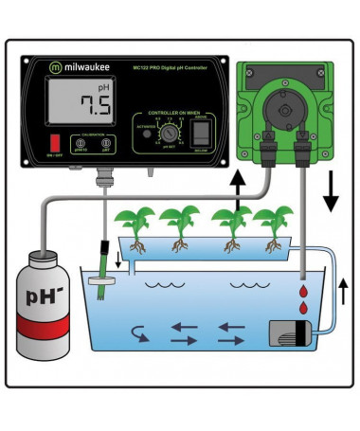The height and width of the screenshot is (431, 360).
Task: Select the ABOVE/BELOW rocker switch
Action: pyautogui.click(x=200, y=134)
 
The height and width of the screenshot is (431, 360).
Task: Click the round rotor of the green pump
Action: pyautogui.click(x=283, y=103)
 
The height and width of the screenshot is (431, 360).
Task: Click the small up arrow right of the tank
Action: pyautogui.click(x=344, y=288)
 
